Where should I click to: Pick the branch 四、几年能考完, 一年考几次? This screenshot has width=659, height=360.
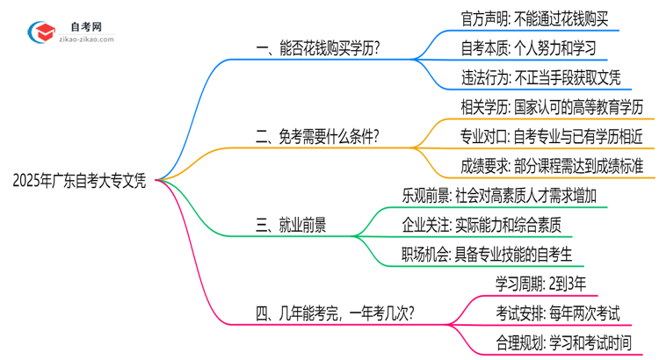click(333, 313)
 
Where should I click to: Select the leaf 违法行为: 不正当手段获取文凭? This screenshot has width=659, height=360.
click(541, 76)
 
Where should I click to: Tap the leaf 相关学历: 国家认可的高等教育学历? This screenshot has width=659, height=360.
click(558, 107)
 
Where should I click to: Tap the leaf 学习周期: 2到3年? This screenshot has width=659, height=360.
click(538, 284)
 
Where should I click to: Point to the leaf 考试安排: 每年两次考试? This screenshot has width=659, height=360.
click(556, 313)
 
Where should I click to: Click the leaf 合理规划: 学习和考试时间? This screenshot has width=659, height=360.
click(563, 342)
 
